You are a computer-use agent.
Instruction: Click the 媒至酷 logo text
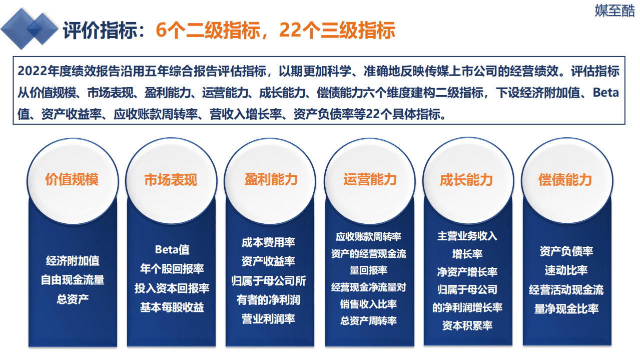click(614, 11)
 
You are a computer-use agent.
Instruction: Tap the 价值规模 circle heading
click(72, 180)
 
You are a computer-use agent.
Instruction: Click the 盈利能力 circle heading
click(271, 180)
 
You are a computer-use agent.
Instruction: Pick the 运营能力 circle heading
click(370, 179)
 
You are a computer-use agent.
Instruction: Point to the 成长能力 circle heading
click(466, 180)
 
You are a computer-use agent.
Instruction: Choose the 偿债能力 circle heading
click(565, 180)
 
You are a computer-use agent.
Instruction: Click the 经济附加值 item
click(73, 261)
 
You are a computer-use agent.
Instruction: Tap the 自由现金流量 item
click(73, 280)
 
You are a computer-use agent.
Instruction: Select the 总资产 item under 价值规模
click(73, 299)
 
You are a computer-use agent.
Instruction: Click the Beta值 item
click(172, 249)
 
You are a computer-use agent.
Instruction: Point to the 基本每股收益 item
click(172, 307)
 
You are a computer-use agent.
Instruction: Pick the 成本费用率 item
click(268, 242)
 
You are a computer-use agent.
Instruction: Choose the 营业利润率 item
click(268, 319)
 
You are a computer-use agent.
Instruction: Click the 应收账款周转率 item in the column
click(368, 236)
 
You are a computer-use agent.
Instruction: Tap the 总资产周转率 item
click(368, 320)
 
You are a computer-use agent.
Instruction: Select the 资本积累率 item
click(467, 325)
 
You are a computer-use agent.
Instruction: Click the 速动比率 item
click(566, 270)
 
